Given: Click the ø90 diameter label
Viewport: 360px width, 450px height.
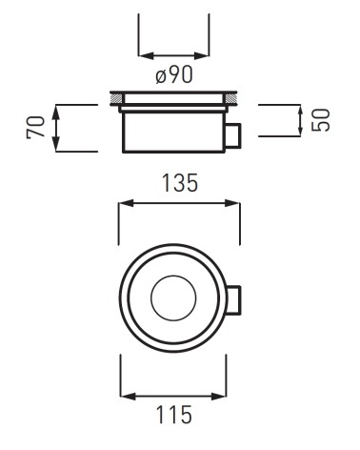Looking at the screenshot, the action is point(174,75).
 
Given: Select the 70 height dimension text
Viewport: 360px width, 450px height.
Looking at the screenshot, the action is point(35,127).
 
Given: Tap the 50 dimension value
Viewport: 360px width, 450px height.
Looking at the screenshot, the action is point(321,120).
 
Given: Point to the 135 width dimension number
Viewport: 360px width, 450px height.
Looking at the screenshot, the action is point(180,183).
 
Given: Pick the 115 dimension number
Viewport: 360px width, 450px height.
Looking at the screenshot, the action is point(174,414).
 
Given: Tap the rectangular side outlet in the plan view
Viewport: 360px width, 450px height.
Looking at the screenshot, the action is point(234,300).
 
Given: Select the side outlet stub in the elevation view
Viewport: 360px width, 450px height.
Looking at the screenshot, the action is point(233,135).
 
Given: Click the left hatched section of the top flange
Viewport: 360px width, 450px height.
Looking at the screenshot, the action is point(116,98).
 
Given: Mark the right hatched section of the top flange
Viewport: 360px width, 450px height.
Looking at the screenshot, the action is point(230,98).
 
